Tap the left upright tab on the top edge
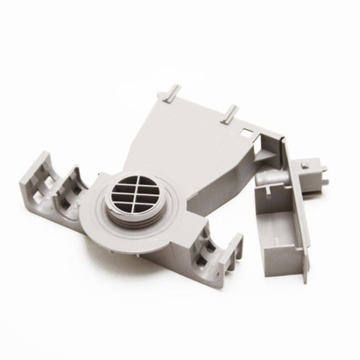tap(172, 91)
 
